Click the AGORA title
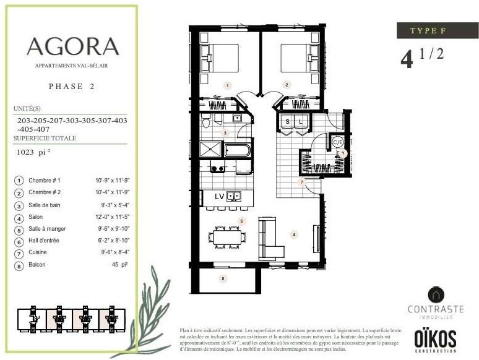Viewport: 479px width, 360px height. [x=72, y=46]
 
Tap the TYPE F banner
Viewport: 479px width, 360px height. [x=438, y=31]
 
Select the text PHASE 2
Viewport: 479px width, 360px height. [x=71, y=87]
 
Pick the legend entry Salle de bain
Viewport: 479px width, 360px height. [x=47, y=205]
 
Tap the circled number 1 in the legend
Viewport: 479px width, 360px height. [x=19, y=181]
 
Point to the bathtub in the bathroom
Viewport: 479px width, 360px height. [x=237, y=150]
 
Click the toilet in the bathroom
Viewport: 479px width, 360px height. [x=207, y=122]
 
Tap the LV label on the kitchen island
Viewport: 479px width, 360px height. [x=219, y=196]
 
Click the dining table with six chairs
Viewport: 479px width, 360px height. [x=227, y=236]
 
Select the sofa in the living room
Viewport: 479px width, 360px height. [x=269, y=239]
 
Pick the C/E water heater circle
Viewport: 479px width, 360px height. [x=338, y=142]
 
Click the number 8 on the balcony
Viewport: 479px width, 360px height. [x=223, y=279]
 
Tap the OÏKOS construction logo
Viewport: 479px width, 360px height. [x=435, y=339]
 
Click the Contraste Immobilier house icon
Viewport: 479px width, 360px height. [x=436, y=294]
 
